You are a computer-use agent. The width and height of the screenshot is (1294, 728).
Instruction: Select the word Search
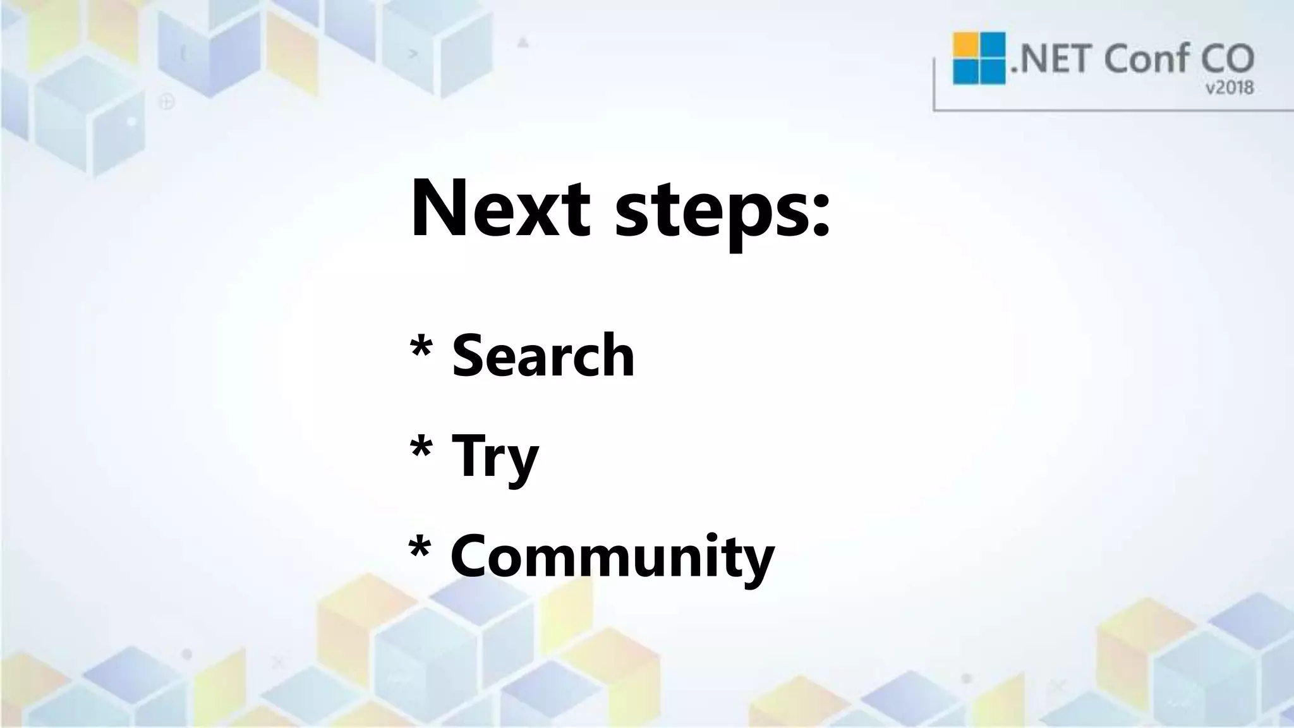pos(543,355)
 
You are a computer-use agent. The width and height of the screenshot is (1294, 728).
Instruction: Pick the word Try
pos(495,456)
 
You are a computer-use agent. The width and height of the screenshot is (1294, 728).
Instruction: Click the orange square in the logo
pos(965,45)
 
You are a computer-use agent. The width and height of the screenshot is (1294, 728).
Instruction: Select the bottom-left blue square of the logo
pos(965,72)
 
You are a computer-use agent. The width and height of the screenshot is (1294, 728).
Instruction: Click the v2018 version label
pos(1230,88)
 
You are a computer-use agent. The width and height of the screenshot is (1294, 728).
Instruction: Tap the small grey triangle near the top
pos(523,43)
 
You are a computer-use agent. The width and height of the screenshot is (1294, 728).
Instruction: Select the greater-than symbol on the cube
pos(414,54)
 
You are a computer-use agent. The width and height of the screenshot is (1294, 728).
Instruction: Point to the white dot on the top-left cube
pos(131,120)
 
